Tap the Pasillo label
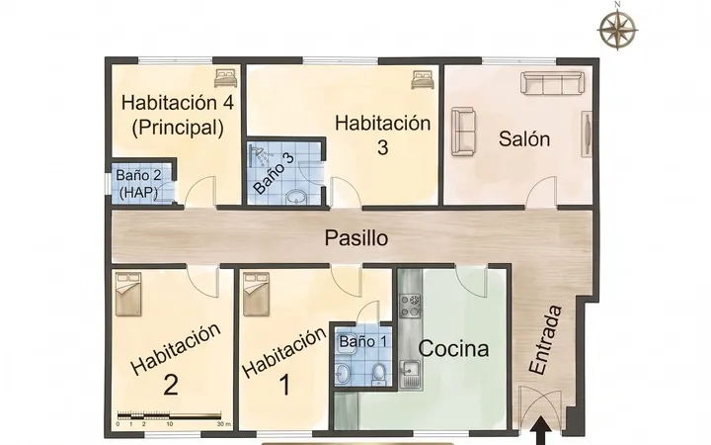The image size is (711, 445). click(356, 238)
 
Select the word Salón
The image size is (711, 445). click(524, 138)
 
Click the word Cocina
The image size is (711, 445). click(453, 349)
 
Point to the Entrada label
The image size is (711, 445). click(545, 340)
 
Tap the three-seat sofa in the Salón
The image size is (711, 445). click(552, 83)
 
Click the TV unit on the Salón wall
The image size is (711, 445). click(587, 133)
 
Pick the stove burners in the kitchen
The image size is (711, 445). click(410, 306)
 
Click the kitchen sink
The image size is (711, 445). click(410, 374)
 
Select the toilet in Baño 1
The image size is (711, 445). click(377, 373)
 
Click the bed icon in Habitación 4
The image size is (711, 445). click(226, 78)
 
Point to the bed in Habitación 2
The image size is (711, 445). click(128, 294)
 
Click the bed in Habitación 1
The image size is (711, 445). click(256, 294)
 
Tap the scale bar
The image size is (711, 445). click(170, 416)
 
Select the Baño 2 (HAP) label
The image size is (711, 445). click(138, 184)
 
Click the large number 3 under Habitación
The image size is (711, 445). click(383, 147)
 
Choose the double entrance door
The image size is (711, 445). click(540, 408)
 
